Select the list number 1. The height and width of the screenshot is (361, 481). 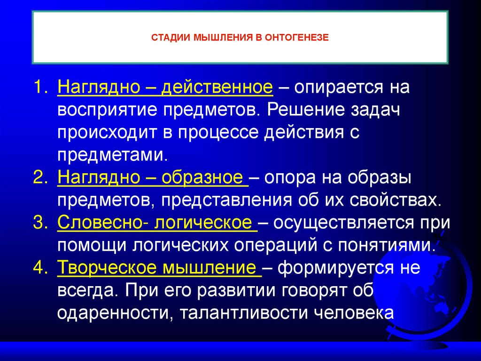40,88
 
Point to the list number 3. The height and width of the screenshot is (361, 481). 40,223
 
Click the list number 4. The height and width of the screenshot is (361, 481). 40,268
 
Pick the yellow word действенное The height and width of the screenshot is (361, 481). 217,88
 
